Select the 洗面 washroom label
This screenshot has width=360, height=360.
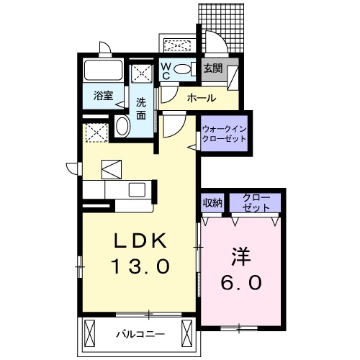[143, 107]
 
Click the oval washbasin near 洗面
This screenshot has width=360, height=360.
[122, 128]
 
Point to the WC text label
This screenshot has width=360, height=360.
[165, 70]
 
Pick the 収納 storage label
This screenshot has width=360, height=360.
[211, 202]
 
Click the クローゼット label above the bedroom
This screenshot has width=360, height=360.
[256, 202]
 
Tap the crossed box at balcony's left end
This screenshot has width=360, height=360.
[90, 333]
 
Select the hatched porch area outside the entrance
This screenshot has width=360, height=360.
[227, 25]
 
